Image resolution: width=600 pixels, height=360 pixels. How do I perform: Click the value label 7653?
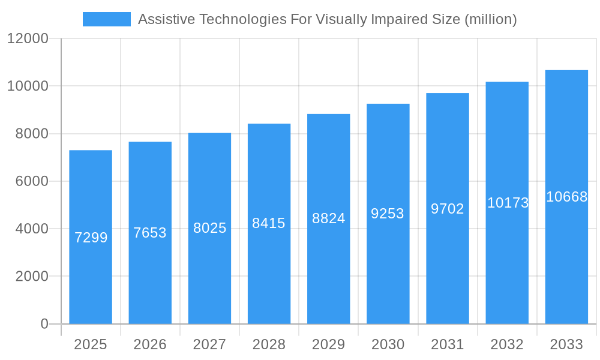coord(150,233)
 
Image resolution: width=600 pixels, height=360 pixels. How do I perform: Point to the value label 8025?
coord(209,228)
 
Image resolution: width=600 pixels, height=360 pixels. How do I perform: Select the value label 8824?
coord(328,218)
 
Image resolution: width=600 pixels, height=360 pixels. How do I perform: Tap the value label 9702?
coord(448,209)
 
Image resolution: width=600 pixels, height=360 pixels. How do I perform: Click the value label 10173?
coord(508,203)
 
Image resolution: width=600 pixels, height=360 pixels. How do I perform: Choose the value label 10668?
coord(566,197)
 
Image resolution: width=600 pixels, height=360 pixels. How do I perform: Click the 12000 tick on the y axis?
coord(28,39)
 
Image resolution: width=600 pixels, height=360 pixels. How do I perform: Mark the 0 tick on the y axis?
coord(44,324)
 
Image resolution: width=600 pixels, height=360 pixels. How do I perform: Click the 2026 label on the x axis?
coord(150,344)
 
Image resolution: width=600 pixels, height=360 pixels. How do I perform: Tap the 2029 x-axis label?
coord(328,344)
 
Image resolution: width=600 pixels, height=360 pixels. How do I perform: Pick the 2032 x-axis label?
coord(507,344)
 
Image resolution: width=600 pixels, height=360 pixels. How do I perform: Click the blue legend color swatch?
coord(107,19)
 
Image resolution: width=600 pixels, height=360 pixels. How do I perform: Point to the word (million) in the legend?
coord(491,19)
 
